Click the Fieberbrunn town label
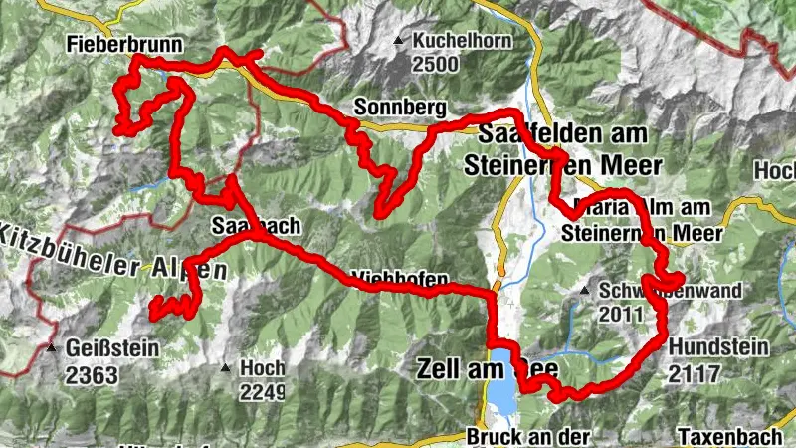[x=110, y=44]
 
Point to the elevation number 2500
[x=438, y=66]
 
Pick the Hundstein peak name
[x=718, y=346]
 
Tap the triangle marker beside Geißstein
[x=51, y=348]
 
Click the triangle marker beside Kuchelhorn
[x=399, y=42]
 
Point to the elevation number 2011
[x=623, y=313]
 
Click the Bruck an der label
[x=527, y=436]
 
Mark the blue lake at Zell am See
[x=501, y=383]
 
